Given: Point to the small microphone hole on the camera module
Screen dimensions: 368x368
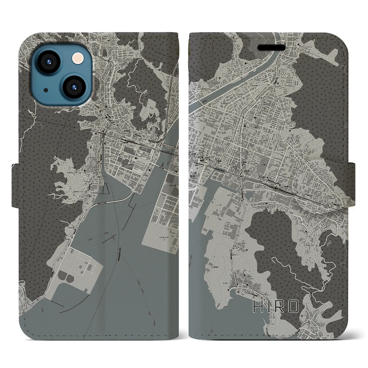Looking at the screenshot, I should [46, 90].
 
